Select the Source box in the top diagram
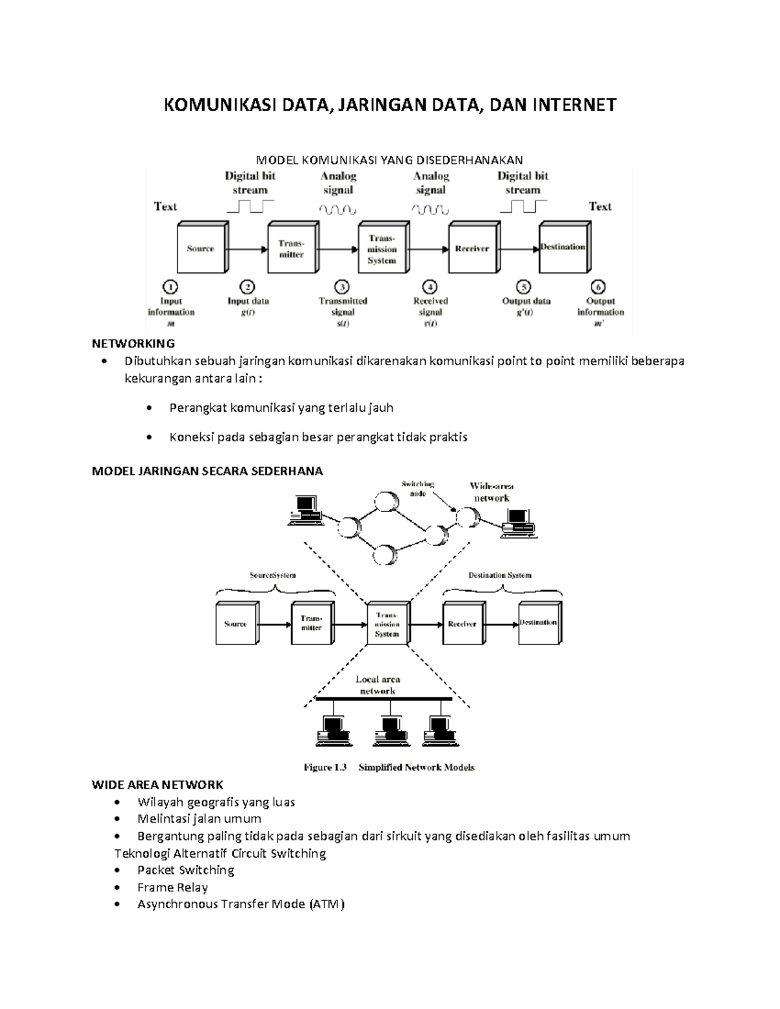coord(201,248)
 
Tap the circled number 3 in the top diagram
coord(342,287)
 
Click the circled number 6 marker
coord(597,287)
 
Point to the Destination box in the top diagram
coord(563,248)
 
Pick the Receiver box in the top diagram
coord(473,248)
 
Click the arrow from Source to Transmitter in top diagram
coord(247,248)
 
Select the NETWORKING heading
coord(133,343)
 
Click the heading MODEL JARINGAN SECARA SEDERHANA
coord(207,471)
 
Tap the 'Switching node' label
coord(417,489)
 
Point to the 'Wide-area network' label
coord(491,492)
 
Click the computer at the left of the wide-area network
coord(305,510)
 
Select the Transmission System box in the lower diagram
coord(387,623)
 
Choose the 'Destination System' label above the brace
coord(500,575)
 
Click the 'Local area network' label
coord(378,685)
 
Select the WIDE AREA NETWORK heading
coord(157,785)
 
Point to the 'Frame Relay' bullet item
coord(172,887)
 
